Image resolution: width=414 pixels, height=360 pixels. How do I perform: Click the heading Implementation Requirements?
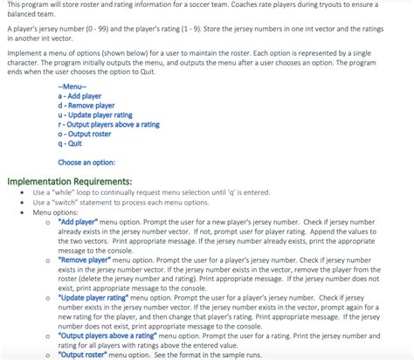[x=70, y=182]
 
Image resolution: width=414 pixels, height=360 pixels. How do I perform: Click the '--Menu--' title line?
[x=72, y=87]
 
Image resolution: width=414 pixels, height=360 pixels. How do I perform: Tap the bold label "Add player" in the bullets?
[x=78, y=222]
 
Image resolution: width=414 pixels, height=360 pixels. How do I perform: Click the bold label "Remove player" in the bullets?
[x=85, y=260]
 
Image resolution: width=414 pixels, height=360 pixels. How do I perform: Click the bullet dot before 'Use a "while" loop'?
[x=21, y=192]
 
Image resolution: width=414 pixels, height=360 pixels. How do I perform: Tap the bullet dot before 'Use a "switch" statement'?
[x=21, y=202]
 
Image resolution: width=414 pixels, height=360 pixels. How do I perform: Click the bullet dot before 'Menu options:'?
[x=21, y=212]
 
